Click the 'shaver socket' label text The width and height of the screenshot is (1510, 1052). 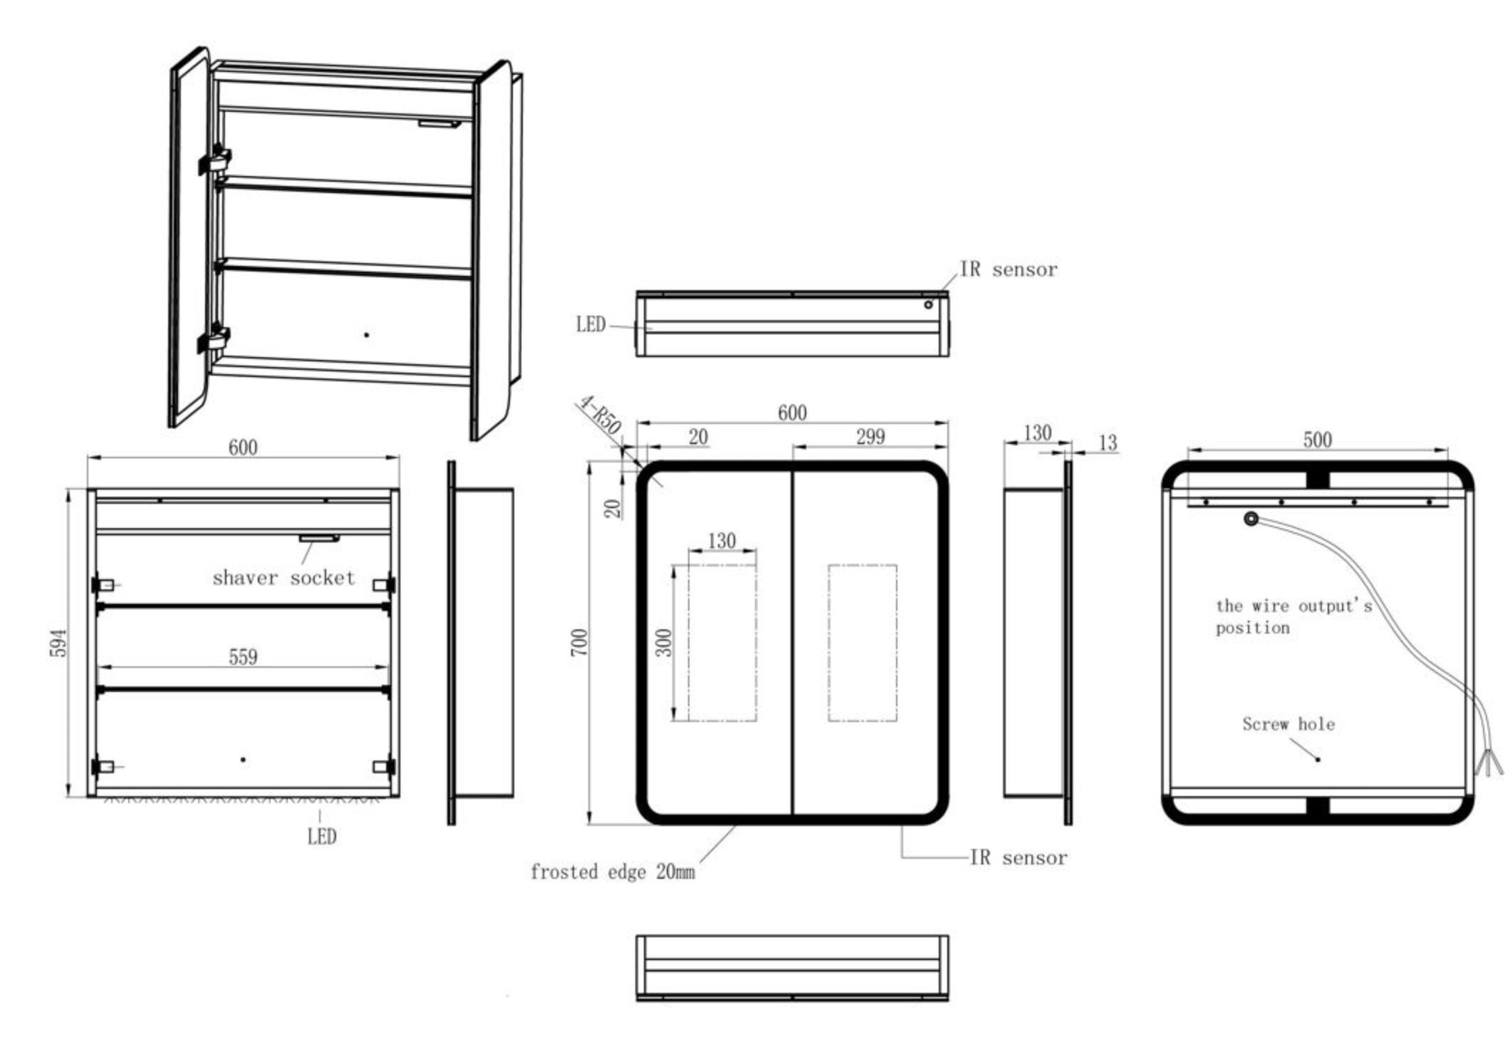point(283,577)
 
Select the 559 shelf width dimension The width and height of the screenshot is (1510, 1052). point(243,656)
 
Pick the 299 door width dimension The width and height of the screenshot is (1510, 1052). point(870,436)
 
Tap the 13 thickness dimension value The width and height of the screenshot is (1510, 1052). point(1108,443)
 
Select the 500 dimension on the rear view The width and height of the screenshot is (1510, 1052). point(1317,439)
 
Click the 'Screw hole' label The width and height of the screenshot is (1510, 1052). point(1288,724)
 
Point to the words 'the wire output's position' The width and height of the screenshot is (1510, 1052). point(1293,617)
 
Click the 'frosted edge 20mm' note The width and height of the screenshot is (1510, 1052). point(613,872)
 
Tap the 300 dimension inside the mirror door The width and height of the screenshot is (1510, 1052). point(664,643)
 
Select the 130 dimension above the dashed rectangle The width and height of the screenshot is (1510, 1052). point(722,541)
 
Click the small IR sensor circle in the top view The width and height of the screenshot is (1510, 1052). point(928,305)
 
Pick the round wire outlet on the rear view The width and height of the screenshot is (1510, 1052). point(1251,520)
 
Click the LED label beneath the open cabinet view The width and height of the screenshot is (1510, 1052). point(321,837)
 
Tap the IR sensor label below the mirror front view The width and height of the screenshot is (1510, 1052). point(1019,857)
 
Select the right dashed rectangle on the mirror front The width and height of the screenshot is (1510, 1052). point(862,643)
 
